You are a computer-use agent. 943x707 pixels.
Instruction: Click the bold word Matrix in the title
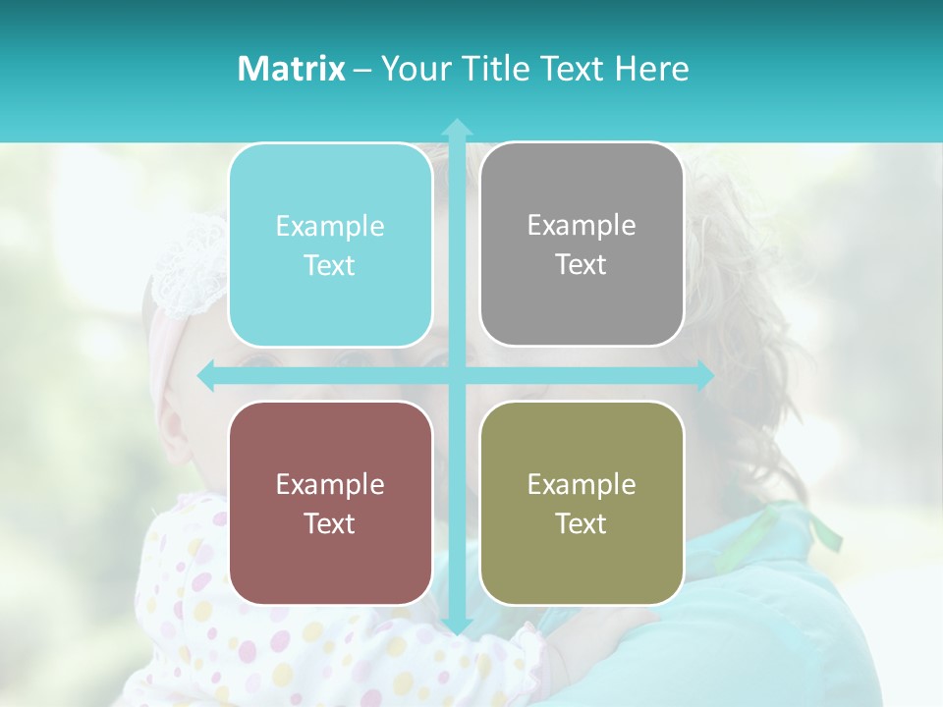tap(292, 69)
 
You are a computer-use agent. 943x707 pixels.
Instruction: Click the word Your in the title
tap(412, 69)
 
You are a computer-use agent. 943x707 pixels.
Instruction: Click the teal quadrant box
tap(330, 245)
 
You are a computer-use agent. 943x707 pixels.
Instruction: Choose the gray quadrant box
tap(582, 245)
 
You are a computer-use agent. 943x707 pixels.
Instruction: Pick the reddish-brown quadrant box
tap(330, 503)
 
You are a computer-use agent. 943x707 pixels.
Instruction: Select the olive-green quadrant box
tap(582, 503)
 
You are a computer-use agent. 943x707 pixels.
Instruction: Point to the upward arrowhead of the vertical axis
tap(456, 128)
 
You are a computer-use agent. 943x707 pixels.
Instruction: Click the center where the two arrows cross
tap(456, 376)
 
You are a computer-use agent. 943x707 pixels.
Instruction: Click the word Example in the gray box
tap(582, 225)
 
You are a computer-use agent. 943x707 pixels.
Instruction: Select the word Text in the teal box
tap(330, 265)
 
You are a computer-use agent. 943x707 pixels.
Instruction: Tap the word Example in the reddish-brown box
tap(330, 484)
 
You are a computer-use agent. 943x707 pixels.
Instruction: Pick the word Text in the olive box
tap(582, 523)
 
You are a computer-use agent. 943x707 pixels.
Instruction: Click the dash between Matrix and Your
tap(362, 70)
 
